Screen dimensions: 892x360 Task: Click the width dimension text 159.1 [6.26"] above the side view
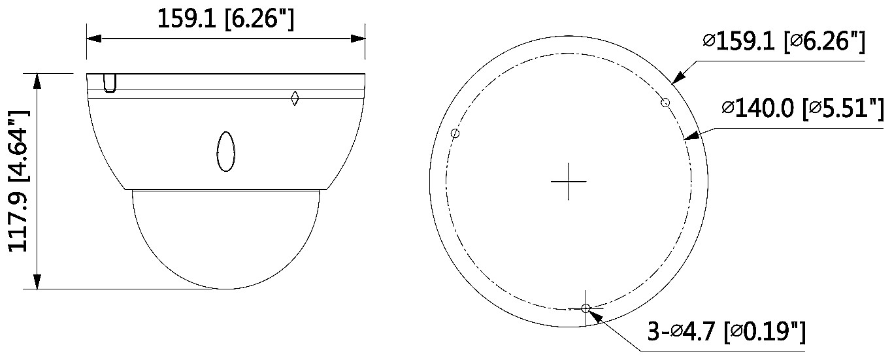226,19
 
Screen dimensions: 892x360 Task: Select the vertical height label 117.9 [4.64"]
19,181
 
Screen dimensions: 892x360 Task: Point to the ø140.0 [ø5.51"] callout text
802,108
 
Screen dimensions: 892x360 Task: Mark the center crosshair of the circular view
569,181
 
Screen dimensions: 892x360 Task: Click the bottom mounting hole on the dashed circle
586,308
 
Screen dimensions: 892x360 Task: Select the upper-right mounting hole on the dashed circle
665,103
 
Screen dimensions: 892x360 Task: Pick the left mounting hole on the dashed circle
455,133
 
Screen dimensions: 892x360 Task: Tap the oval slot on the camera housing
226,152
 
